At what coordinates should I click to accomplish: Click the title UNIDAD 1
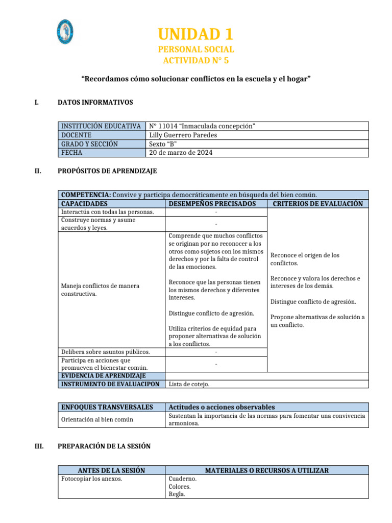[196, 34]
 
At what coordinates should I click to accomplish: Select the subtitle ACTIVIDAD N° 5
[196, 60]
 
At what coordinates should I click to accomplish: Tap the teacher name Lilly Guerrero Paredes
[183, 135]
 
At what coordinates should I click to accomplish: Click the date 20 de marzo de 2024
[181, 152]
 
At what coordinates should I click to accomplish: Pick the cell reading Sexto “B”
[163, 144]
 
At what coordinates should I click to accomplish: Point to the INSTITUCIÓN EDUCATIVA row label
[101, 126]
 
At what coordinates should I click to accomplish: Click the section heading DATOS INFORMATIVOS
[95, 102]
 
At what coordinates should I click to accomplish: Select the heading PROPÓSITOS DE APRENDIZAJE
[108, 171]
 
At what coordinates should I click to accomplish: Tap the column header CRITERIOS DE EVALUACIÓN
[317, 203]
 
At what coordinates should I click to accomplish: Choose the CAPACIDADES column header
[84, 203]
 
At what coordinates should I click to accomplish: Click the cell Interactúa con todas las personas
[107, 211]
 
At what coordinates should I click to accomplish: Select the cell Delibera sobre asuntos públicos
[105, 351]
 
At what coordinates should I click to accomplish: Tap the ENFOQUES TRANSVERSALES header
[107, 407]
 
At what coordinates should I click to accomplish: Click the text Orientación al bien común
[97, 419]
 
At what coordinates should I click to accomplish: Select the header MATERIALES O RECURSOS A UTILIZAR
[266, 470]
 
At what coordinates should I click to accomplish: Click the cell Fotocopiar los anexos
[91, 479]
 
